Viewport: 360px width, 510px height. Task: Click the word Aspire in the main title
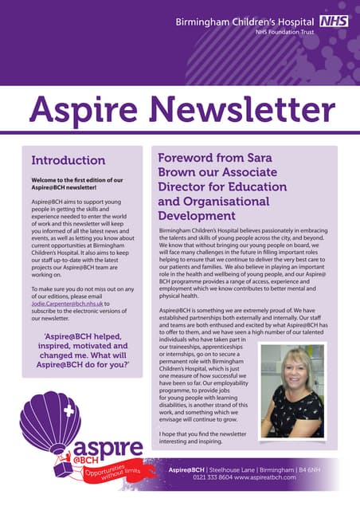pos(84,110)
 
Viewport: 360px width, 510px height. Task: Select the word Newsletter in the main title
pos(241,110)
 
